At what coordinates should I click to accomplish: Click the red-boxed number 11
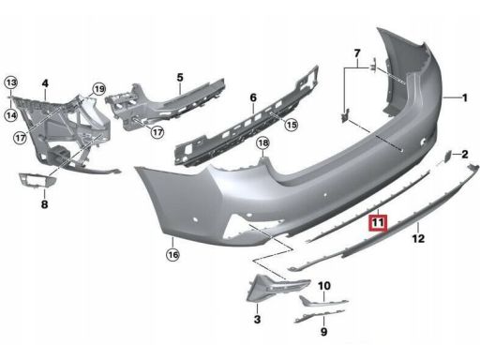(x=378, y=223)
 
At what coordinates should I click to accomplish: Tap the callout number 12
(x=418, y=239)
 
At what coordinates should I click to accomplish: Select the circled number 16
(x=172, y=255)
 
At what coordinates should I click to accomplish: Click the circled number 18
(x=262, y=143)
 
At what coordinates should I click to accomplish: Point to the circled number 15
(x=292, y=125)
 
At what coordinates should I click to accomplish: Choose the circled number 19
(x=99, y=89)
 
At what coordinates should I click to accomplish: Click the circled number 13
(x=11, y=82)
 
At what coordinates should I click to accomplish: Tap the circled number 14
(x=11, y=115)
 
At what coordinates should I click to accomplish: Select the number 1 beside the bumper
(x=465, y=97)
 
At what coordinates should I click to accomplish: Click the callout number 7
(x=357, y=53)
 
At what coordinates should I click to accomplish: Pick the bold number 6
(x=253, y=97)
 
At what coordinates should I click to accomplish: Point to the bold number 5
(x=180, y=77)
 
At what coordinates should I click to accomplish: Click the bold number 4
(x=45, y=83)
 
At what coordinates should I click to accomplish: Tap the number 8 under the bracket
(x=44, y=204)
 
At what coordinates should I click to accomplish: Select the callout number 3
(x=257, y=320)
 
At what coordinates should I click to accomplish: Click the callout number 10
(x=324, y=286)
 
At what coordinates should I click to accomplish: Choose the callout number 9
(x=323, y=332)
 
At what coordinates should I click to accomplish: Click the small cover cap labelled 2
(x=447, y=156)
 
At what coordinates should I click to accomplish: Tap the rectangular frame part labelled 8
(x=38, y=180)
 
